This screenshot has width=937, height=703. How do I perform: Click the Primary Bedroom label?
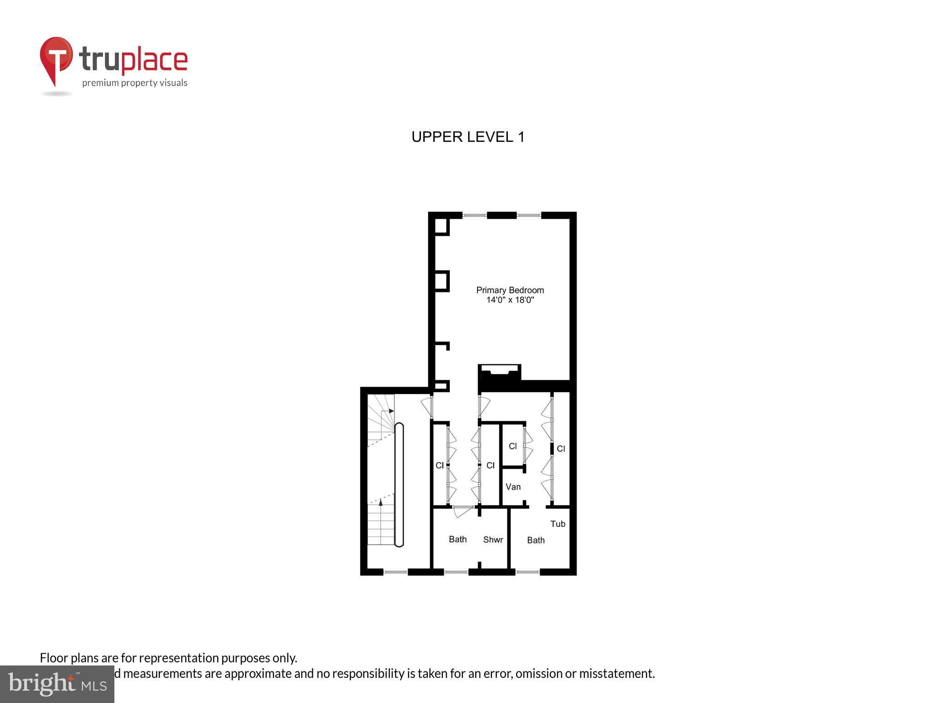tap(510, 290)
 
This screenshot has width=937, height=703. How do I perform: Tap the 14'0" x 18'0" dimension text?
tap(510, 300)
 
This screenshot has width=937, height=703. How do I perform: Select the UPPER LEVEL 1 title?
tap(468, 137)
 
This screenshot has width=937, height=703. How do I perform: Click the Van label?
tap(513, 487)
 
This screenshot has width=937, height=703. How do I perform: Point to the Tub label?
tap(558, 524)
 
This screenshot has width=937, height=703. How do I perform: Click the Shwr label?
tap(493, 540)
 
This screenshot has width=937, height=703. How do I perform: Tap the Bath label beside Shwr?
tap(458, 539)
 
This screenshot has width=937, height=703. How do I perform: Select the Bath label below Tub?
tap(536, 540)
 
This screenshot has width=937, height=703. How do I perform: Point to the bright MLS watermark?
tap(57, 684)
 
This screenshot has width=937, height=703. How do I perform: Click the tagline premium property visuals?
tap(135, 83)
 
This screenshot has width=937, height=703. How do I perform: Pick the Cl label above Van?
tap(513, 446)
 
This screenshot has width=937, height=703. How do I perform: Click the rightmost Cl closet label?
tap(561, 449)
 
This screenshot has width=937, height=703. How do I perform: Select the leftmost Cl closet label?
tap(440, 465)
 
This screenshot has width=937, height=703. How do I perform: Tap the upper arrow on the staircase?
tap(391, 411)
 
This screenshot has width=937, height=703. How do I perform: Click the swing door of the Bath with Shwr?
tap(463, 511)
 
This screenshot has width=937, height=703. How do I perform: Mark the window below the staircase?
tap(395, 572)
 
